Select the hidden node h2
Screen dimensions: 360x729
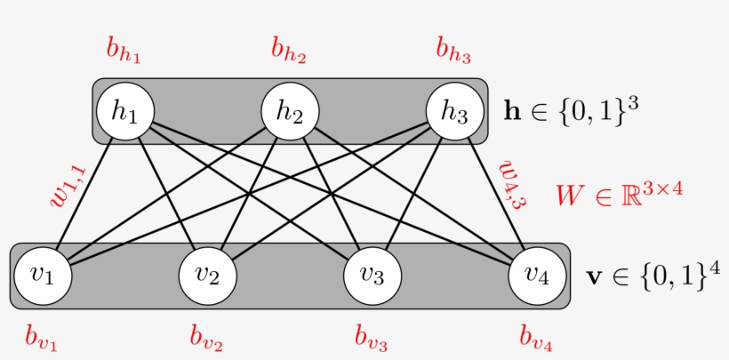click(x=290, y=111)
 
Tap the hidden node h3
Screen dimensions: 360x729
click(x=454, y=111)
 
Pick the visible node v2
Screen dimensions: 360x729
click(x=207, y=275)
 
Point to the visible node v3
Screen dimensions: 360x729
click(x=372, y=275)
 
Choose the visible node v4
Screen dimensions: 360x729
click(x=537, y=275)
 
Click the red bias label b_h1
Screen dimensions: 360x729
click(x=124, y=52)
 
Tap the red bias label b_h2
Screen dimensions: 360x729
click(x=289, y=52)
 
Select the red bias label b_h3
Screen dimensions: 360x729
click(x=453, y=52)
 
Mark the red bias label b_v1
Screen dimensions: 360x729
click(x=42, y=337)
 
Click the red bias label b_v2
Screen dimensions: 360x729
click(x=206, y=337)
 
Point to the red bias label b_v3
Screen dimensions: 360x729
click(x=371, y=337)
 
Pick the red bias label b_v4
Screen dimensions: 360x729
click(x=536, y=337)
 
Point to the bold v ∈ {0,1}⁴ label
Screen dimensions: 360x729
click(x=653, y=275)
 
